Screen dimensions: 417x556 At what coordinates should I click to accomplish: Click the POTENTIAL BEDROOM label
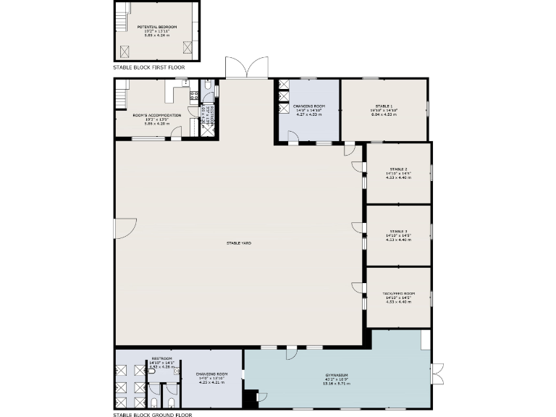click(157, 27)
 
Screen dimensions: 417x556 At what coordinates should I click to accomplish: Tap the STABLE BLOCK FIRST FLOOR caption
click(148, 67)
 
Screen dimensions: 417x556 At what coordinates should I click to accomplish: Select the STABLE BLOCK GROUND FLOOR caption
click(153, 416)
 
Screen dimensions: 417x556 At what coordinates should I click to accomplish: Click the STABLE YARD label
click(238, 243)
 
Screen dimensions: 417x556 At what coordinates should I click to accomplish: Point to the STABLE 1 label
click(384, 106)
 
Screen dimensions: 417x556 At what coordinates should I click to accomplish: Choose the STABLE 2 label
click(398, 169)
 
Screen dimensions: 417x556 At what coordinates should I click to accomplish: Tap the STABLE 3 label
click(398, 231)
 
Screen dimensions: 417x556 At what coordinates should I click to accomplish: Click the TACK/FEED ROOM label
click(398, 293)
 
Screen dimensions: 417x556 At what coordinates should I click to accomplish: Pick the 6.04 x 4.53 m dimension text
click(384, 114)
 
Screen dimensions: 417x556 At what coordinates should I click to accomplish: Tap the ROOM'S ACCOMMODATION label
click(157, 115)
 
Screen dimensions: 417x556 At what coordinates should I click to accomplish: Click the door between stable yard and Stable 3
click(358, 227)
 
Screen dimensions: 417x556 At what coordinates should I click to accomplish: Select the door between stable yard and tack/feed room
click(358, 287)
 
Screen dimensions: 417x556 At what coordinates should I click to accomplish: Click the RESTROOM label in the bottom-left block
click(161, 358)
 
